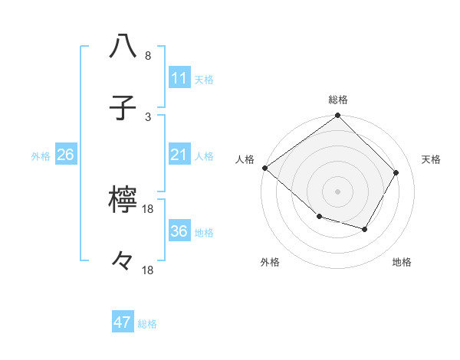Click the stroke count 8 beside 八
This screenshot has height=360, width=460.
(147, 56)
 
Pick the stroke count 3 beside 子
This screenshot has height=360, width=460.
(147, 116)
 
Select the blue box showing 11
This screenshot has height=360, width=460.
(179, 78)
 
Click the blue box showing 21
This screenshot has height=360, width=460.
(179, 155)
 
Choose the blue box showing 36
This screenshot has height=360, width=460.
(179, 231)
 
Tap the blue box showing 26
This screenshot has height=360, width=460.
(65, 155)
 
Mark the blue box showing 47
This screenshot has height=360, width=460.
(123, 322)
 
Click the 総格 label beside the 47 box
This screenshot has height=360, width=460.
(148, 324)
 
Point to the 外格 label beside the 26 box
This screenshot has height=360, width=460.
(41, 156)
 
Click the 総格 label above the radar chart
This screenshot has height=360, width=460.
(338, 100)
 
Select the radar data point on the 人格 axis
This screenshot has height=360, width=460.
(264, 168)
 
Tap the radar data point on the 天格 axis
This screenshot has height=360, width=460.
(396, 172)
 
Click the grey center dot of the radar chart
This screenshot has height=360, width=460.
(338, 191)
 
